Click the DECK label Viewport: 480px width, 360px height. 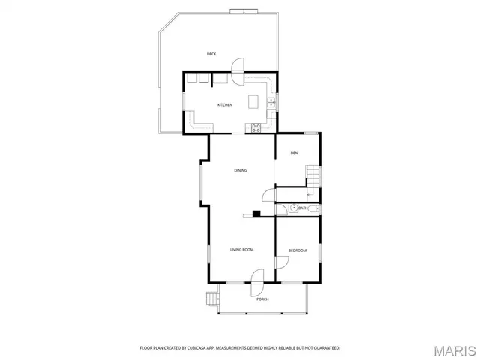211,54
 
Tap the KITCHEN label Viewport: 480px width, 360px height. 225,105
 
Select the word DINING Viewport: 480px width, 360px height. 240,170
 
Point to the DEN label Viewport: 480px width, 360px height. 295,154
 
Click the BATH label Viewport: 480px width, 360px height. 304,208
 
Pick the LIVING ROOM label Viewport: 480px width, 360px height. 241,249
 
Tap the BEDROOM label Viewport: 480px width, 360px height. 298,250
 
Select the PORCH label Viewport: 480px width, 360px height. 262,298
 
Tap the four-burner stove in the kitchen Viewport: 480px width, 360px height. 256,126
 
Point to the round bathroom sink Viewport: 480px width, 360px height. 295,208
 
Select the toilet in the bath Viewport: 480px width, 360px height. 316,208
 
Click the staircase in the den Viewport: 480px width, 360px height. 313,179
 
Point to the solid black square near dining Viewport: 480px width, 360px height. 256,214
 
